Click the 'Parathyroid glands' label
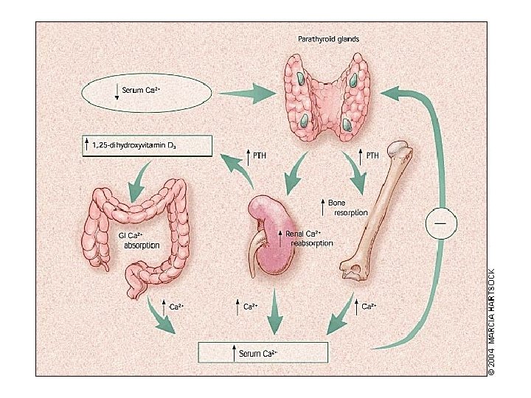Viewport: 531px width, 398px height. pyautogui.click(x=328, y=38)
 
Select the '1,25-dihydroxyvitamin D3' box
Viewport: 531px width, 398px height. pyautogui.click(x=145, y=146)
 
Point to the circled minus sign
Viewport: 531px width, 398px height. pyautogui.click(x=441, y=222)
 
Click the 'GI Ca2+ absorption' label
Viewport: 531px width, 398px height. pyautogui.click(x=139, y=240)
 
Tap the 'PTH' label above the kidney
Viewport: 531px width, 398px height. pyautogui.click(x=259, y=156)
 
